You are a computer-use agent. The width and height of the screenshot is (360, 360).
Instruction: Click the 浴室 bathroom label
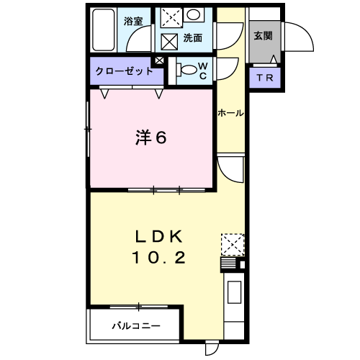coord(133,21)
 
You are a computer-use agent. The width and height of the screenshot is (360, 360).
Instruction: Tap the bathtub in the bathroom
coord(104,30)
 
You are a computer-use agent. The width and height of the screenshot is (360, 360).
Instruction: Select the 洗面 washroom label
coord(193,38)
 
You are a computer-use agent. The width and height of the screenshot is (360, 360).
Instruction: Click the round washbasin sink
coord(194,15)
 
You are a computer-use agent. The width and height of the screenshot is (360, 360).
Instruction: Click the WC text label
coord(203,71)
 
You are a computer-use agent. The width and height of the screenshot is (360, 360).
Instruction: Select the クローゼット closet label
coord(124,71)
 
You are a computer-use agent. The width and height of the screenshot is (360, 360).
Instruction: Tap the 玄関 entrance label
coord(264,36)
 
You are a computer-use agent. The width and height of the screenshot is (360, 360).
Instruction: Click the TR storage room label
coord(265,78)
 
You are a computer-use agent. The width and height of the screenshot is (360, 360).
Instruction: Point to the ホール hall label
coord(230,113)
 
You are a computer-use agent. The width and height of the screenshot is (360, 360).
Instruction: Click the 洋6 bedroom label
coord(151,138)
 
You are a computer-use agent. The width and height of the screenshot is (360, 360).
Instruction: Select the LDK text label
coord(158,237)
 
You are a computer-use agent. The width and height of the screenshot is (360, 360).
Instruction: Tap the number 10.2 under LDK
coord(158,257)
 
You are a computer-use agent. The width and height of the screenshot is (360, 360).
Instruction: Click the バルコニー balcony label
coord(136,326)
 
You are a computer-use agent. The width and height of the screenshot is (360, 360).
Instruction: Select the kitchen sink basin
coord(234,292)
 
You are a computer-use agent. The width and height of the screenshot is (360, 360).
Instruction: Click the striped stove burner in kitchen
coord(228,264)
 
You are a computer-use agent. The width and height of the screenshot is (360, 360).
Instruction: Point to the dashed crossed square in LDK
coord(233,245)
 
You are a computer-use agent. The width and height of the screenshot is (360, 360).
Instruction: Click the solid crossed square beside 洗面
coord(169,42)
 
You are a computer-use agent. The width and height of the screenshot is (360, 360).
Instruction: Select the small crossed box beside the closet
coord(159,60)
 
